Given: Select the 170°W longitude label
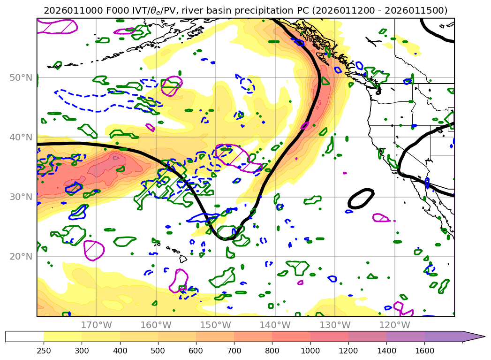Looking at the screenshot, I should pos(96,325).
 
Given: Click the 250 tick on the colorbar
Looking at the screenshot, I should pos(44,350).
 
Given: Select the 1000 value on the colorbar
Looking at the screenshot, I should pos(310,350).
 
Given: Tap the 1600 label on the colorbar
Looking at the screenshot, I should pos(424,350).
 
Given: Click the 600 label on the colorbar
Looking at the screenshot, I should pos(196,350).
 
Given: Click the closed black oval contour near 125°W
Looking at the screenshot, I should pos(361,199).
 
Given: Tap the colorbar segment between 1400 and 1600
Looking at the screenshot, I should pos(405,337).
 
